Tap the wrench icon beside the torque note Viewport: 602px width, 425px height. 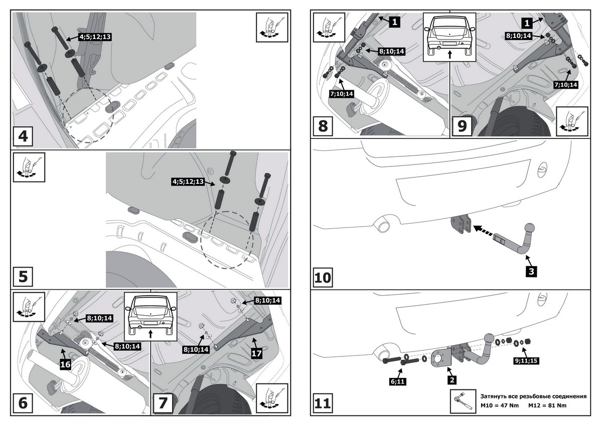(x=463, y=400)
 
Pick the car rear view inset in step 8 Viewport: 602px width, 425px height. (x=449, y=37)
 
